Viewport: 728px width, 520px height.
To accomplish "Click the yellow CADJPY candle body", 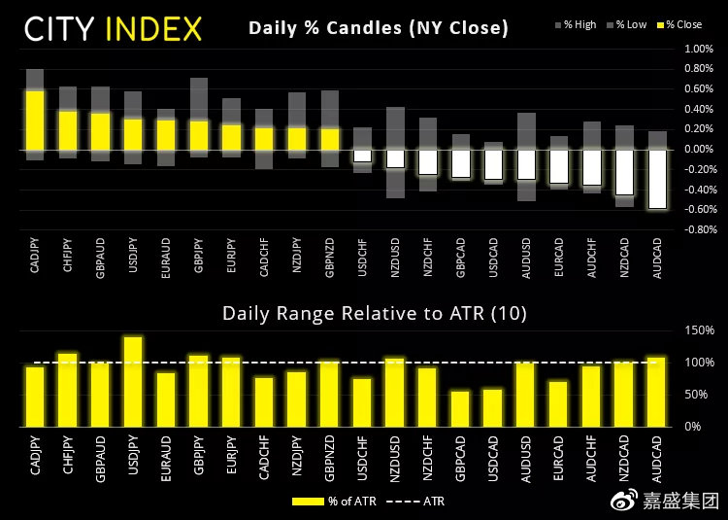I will pyautogui.click(x=35, y=120).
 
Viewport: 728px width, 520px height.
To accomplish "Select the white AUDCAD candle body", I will pyautogui.click(x=658, y=179).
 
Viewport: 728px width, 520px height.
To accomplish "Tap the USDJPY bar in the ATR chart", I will pyautogui.click(x=133, y=382).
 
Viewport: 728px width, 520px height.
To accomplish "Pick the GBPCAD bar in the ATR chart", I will pyautogui.click(x=460, y=408).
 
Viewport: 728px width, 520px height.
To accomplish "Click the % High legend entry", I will pyautogui.click(x=579, y=25).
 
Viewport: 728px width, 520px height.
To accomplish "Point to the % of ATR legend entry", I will pyautogui.click(x=326, y=503).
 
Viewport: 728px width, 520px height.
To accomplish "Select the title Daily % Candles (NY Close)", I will pyautogui.click(x=378, y=27).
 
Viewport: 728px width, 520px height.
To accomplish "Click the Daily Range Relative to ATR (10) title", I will pyautogui.click(x=373, y=313).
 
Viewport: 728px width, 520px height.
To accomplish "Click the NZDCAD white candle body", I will pyautogui.click(x=625, y=172).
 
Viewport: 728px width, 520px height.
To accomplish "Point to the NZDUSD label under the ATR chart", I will pyautogui.click(x=395, y=462).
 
